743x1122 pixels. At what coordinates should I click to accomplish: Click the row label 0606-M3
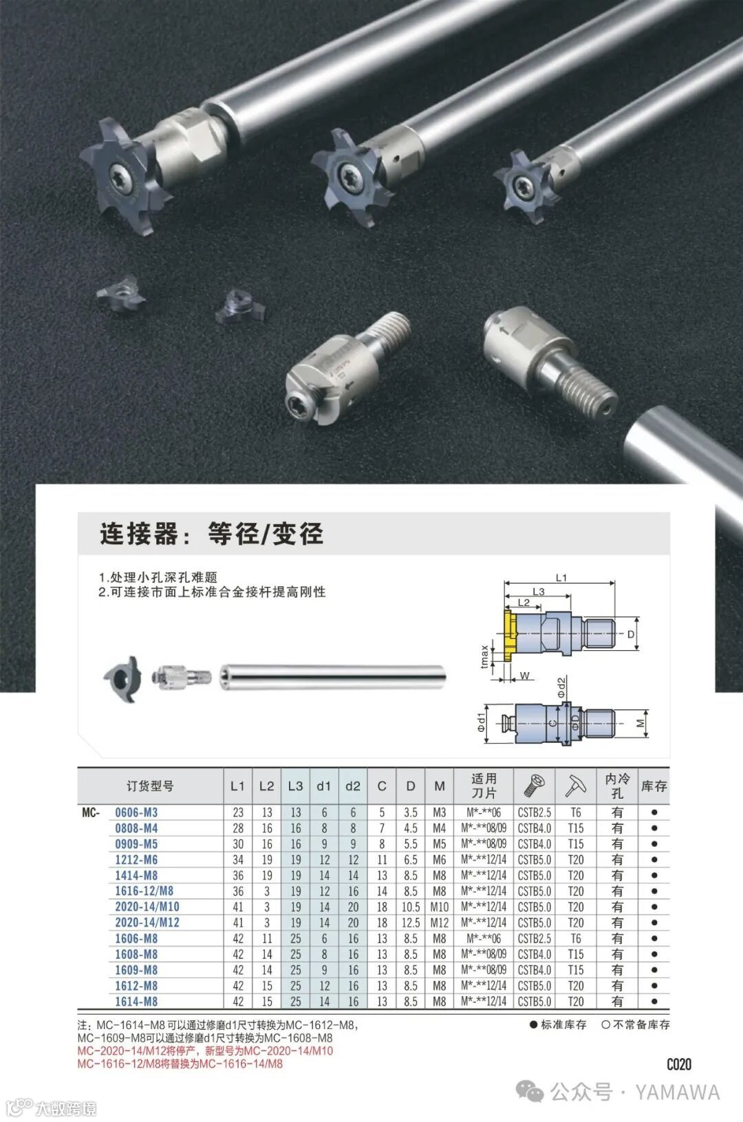point(136,812)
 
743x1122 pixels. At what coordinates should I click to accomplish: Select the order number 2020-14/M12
point(147,922)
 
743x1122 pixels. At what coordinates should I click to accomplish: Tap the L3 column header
point(296,786)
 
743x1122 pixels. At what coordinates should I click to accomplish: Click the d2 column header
point(353,786)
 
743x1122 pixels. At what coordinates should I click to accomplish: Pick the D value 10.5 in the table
point(410,907)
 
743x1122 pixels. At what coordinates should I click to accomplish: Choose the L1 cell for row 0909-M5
point(238,844)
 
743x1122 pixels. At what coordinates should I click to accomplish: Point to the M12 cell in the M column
point(440,922)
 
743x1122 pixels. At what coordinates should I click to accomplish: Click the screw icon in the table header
point(534,786)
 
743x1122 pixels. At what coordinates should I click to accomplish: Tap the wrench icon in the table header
point(575,786)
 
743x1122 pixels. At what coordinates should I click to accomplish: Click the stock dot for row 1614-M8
point(654,1002)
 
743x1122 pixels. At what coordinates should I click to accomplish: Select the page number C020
point(679,1064)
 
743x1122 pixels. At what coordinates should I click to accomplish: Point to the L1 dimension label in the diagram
point(561,578)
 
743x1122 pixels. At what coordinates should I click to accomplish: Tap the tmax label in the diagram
point(484,656)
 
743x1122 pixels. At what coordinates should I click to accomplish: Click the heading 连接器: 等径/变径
point(211,533)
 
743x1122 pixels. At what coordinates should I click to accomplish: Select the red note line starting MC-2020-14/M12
point(206,1050)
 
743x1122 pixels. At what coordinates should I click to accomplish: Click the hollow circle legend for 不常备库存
point(605,1024)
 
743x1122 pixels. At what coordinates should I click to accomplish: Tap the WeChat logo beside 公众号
point(530,1092)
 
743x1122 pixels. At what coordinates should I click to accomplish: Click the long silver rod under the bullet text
point(333,677)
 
